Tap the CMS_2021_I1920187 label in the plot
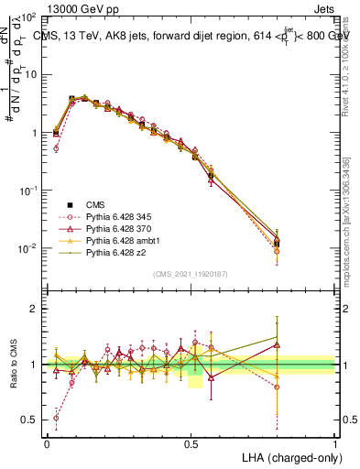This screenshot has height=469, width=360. click(191, 273)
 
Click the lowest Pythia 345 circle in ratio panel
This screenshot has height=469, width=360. click(56, 418)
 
